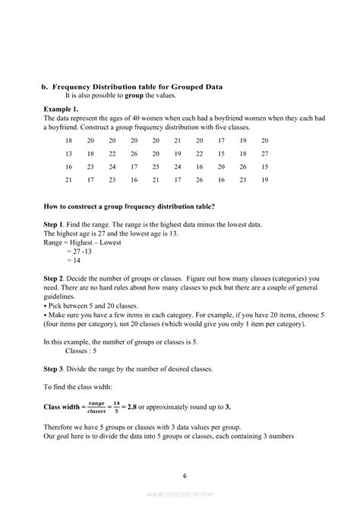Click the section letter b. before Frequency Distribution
(x=44, y=87)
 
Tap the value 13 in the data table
(x=69, y=153)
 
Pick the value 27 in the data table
(x=264, y=153)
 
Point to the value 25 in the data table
(x=156, y=166)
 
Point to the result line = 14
(x=74, y=259)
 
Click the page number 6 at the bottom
(x=183, y=476)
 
